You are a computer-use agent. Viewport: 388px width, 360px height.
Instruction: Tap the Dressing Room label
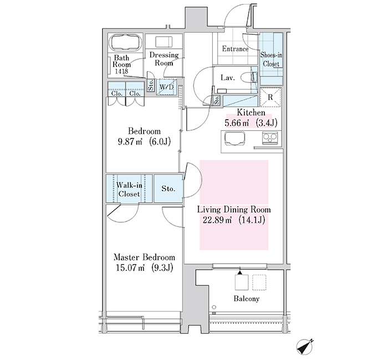pyautogui.click(x=164, y=59)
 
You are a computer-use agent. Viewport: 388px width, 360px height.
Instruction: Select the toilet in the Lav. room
pyautogui.click(x=250, y=77)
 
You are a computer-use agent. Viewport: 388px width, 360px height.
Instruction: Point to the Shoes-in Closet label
pyautogui.click(x=271, y=59)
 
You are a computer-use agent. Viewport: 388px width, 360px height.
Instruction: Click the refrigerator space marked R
pyautogui.click(x=270, y=97)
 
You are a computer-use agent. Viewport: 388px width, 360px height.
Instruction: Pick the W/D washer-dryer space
pyautogui.click(x=166, y=87)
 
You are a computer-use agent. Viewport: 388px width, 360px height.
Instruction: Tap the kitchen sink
pyautogui.click(x=234, y=138)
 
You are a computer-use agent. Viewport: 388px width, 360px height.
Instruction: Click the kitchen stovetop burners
pyautogui.click(x=270, y=138)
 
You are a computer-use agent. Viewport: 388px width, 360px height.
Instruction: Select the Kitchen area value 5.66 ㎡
pyautogui.click(x=237, y=123)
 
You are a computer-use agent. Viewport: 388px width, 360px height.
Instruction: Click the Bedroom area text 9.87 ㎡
pyautogui.click(x=130, y=142)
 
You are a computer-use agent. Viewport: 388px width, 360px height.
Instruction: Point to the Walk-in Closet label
pyautogui.click(x=129, y=189)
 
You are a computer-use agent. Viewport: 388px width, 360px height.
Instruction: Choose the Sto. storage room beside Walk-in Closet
pyautogui.click(x=169, y=189)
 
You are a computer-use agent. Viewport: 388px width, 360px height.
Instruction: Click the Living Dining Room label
pyautogui.click(x=234, y=210)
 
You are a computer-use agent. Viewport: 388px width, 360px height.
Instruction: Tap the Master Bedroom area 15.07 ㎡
pyautogui.click(x=130, y=268)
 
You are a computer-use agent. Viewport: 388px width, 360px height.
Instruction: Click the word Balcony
pyautogui.click(x=247, y=299)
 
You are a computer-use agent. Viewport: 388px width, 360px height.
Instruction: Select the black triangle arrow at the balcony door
pyautogui.click(x=240, y=272)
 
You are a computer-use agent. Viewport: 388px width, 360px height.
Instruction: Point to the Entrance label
pyautogui.click(x=235, y=49)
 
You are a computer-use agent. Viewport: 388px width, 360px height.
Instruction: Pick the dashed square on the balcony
pyautogui.click(x=259, y=282)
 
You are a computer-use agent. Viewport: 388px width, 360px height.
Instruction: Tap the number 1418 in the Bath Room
pyautogui.click(x=121, y=71)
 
